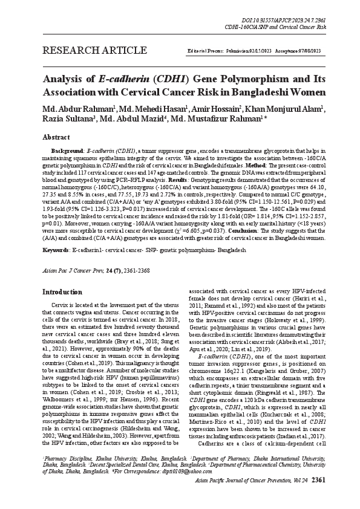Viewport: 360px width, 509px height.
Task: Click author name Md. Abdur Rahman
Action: coord(80,108)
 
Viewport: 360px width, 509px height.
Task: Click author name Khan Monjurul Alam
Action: coord(290,108)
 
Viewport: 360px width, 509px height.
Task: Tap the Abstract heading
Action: coord(56,137)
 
